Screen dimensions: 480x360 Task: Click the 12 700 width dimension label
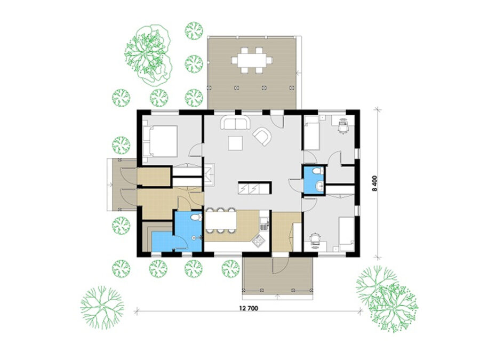click(248, 308)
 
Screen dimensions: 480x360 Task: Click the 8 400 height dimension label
click(375, 183)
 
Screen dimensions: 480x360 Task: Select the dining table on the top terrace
click(252, 60)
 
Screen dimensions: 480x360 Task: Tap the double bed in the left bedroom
click(160, 141)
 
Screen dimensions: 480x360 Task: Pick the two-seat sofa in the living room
click(235, 123)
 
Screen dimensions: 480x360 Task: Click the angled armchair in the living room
click(262, 136)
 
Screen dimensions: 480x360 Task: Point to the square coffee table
click(235, 143)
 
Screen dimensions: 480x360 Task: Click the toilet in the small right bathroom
click(317, 171)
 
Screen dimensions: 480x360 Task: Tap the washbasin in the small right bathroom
click(319, 186)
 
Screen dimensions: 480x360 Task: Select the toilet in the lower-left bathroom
click(196, 218)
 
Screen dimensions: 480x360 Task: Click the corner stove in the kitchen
click(259, 241)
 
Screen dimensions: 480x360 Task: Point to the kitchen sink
click(263, 225)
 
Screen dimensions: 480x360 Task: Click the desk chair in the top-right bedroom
click(343, 126)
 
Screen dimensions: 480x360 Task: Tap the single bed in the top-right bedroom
click(311, 133)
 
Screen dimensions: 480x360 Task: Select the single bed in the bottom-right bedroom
click(347, 234)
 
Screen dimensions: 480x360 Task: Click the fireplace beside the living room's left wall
click(209, 175)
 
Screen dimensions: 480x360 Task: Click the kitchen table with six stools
click(221, 220)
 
